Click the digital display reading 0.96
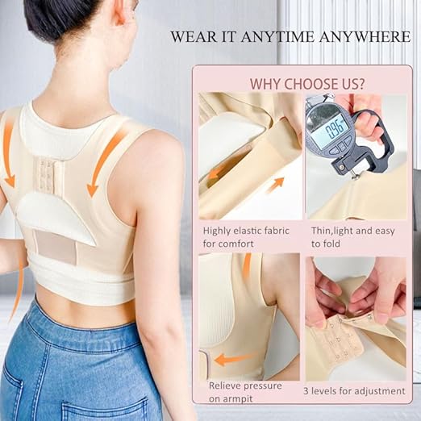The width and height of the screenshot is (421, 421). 331,127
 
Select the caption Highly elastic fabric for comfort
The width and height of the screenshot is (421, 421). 240,236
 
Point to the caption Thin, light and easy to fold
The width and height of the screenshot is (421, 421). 354,236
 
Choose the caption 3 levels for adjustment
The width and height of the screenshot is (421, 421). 353,392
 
